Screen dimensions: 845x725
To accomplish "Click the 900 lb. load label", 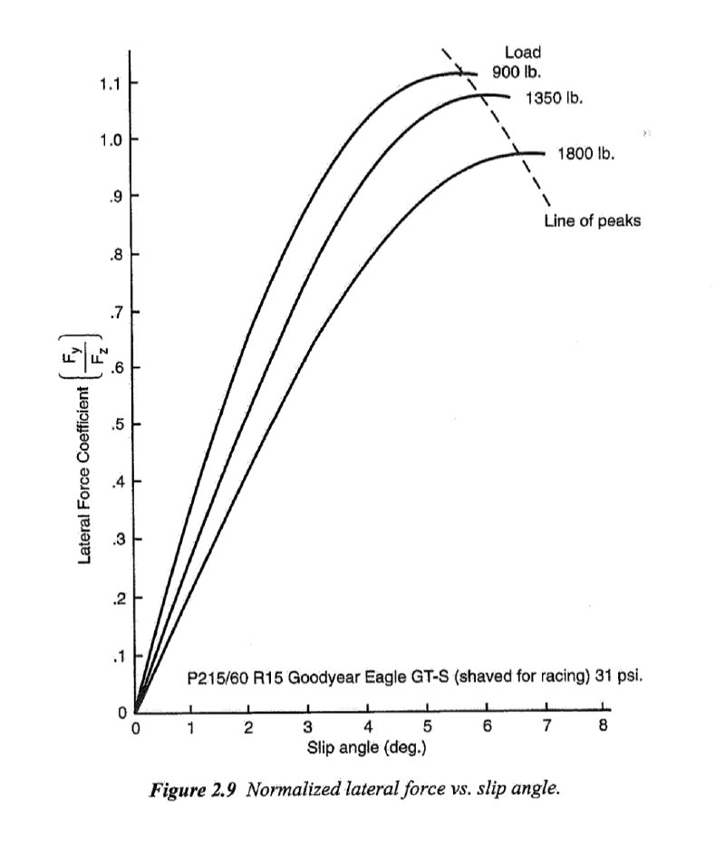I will (517, 71).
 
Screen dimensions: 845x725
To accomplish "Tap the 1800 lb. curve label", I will (585, 153).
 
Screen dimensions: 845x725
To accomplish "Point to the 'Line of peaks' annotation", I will (592, 220).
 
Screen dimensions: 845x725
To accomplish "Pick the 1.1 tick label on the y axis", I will (111, 83).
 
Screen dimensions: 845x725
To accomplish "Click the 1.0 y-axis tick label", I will (111, 140).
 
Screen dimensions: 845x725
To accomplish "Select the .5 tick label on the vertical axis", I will (115, 425).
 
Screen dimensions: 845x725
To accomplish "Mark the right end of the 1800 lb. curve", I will (545, 154).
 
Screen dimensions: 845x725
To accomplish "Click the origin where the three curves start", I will (136, 713).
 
